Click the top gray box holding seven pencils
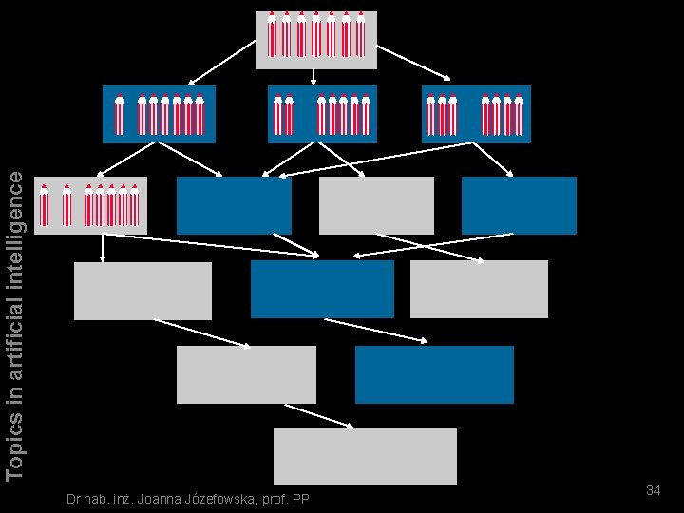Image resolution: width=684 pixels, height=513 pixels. click(x=316, y=39)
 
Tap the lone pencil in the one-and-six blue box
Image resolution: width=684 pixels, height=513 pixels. click(x=119, y=114)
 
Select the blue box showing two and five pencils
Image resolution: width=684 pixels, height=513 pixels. click(x=322, y=114)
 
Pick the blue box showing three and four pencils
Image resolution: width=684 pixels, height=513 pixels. click(x=476, y=114)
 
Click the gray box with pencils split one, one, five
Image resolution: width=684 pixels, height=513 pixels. click(x=90, y=205)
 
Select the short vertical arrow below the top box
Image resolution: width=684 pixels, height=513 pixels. click(x=314, y=77)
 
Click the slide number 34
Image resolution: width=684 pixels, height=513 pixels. click(x=653, y=490)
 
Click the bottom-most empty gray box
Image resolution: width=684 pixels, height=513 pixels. click(x=365, y=456)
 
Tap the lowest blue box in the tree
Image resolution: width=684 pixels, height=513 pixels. click(x=434, y=374)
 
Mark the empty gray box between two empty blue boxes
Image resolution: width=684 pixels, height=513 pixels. click(x=376, y=205)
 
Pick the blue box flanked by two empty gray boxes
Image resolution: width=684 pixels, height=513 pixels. click(x=322, y=289)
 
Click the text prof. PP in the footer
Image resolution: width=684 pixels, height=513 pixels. click(x=292, y=500)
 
